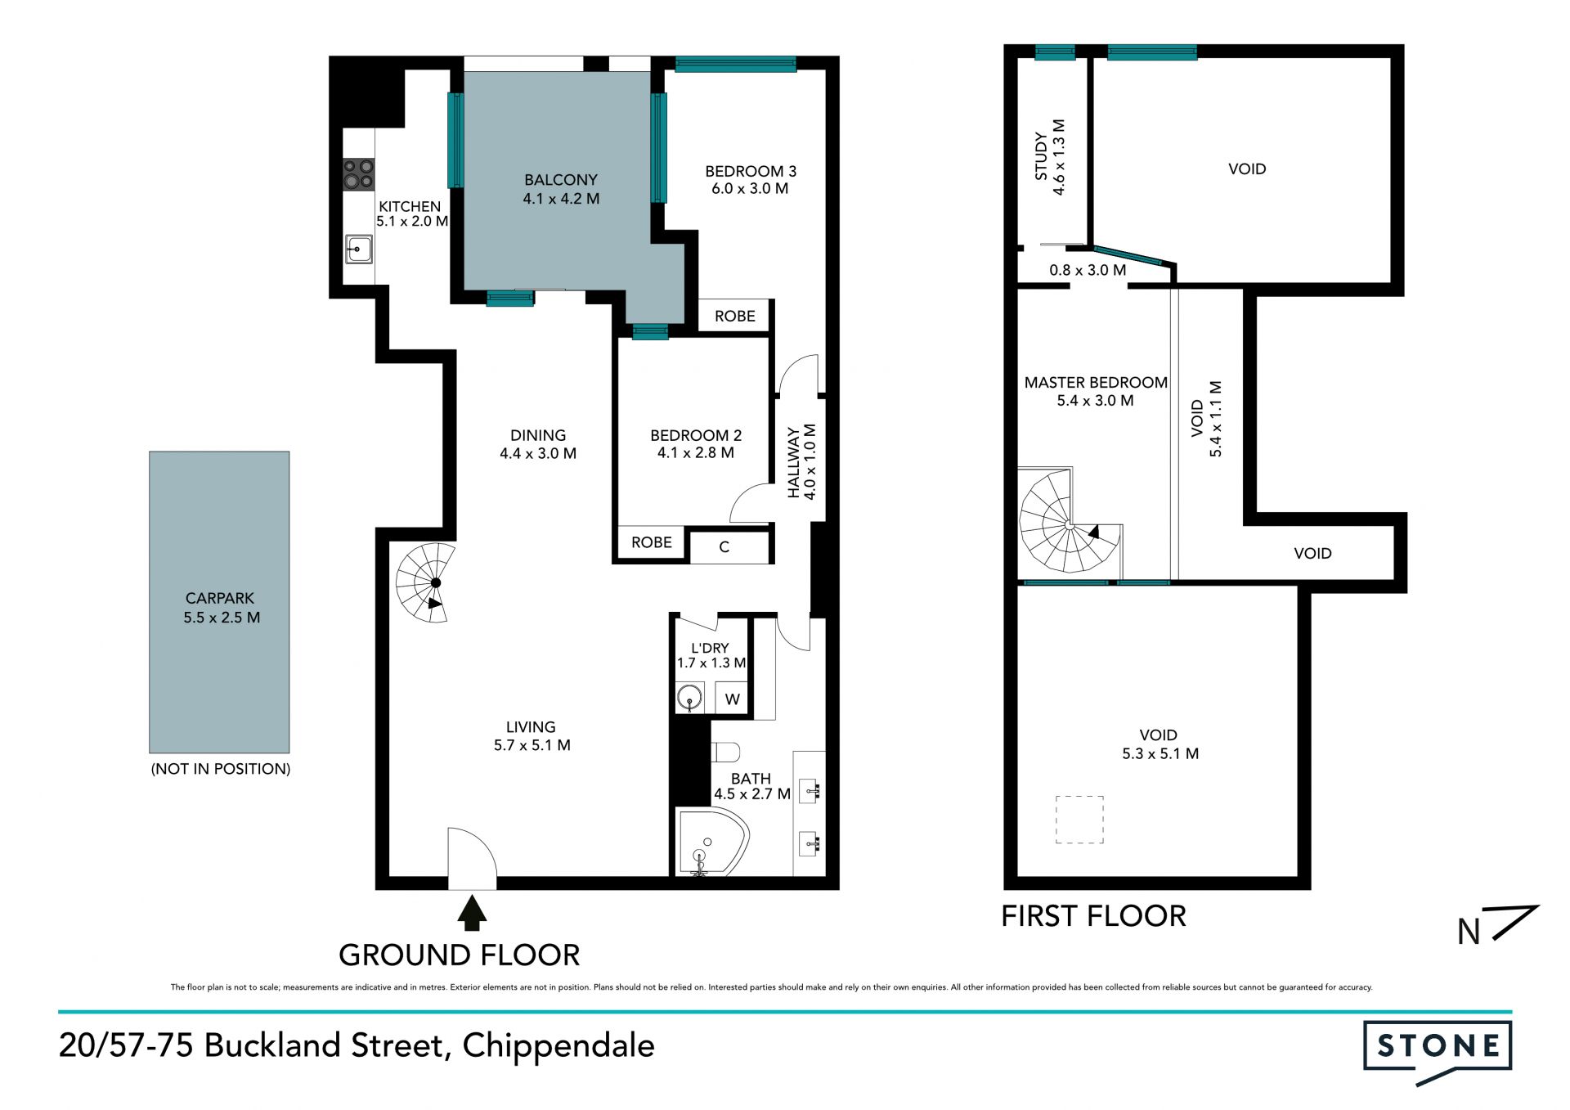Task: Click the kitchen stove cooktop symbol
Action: coord(358,174)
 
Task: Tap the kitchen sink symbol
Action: coord(358,249)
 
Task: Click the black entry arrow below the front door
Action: coord(472,914)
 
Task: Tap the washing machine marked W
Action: coord(732,699)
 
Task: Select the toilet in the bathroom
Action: coord(726,751)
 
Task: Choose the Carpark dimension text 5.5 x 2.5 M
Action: coord(222,618)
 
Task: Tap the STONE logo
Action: coord(1438,1052)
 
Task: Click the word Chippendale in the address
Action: coord(558,1046)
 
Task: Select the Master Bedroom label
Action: coord(1096,382)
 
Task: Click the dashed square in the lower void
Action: coord(1079,820)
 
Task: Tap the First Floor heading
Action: coord(1093,916)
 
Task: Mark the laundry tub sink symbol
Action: coord(690,699)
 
